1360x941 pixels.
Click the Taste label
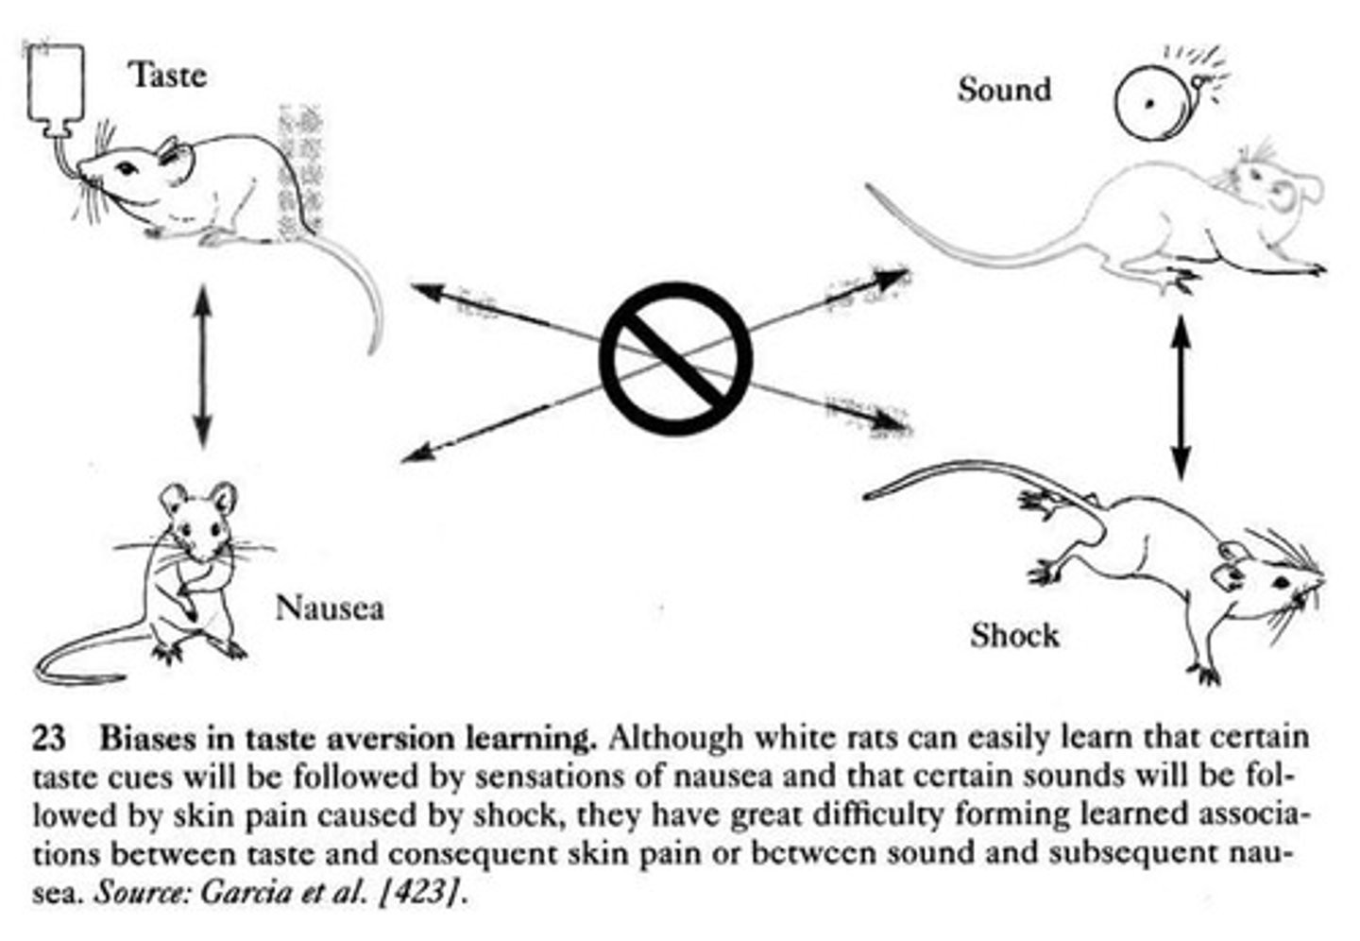168,75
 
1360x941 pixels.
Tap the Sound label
1004,90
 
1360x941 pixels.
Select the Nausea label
330,607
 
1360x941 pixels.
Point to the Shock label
1014,635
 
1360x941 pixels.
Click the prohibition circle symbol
675,359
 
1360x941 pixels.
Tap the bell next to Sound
1150,102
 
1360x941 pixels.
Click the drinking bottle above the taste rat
56,85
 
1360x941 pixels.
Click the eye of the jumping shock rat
1282,582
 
